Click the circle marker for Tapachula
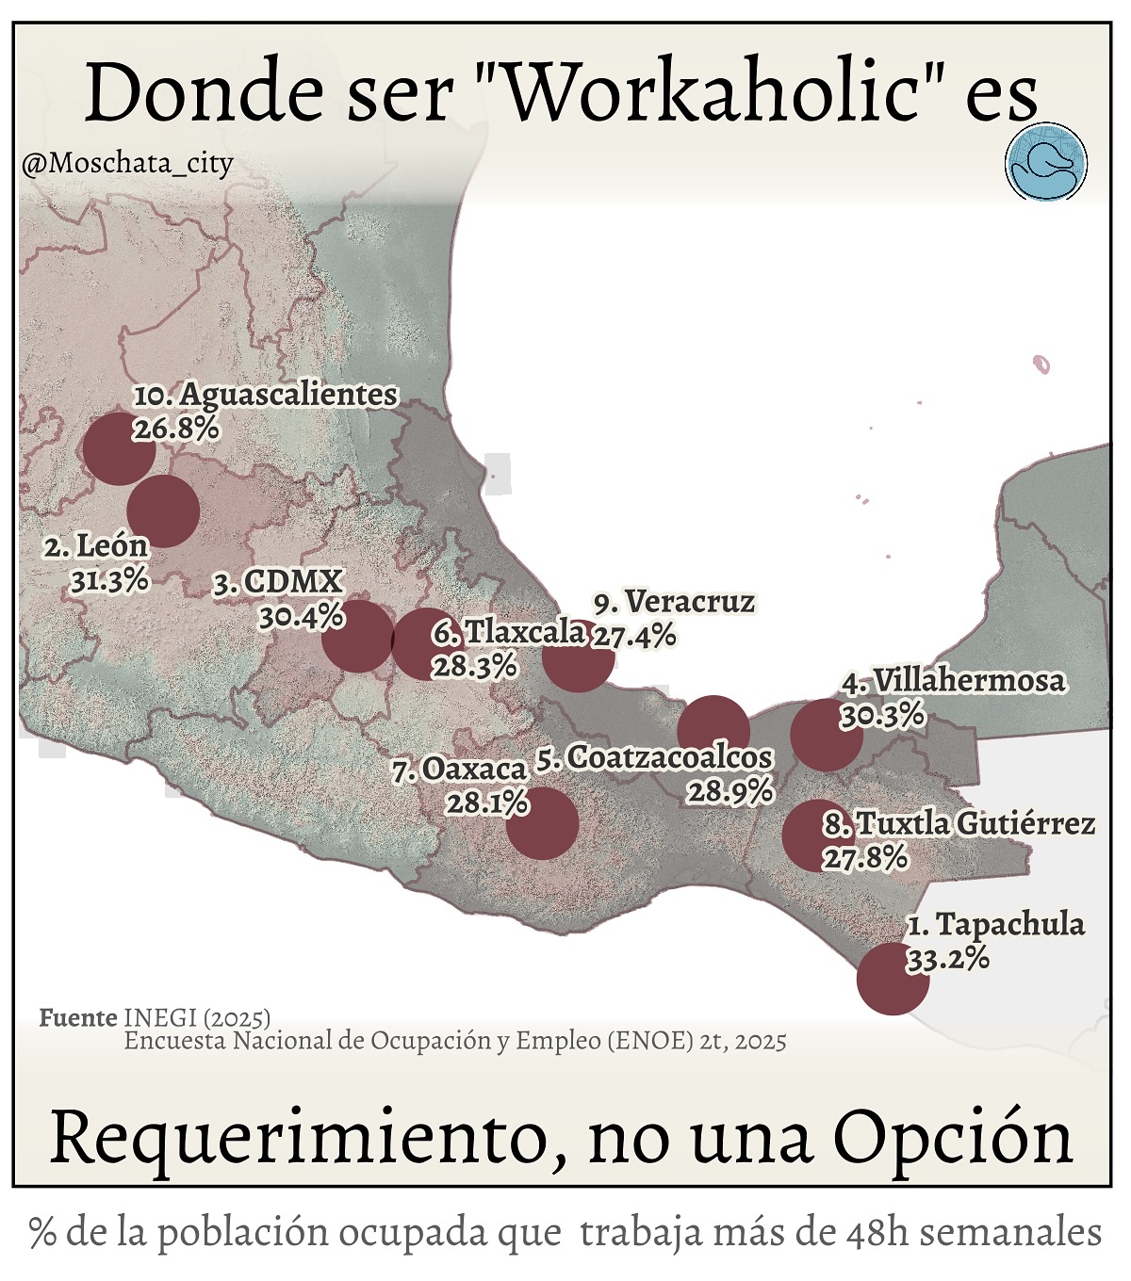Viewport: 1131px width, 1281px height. tap(893, 979)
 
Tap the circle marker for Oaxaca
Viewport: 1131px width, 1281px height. tap(542, 823)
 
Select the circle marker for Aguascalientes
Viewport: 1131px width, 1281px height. tap(119, 449)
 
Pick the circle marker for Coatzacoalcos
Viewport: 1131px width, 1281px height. tap(713, 732)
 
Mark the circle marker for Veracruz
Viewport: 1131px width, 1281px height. tap(578, 657)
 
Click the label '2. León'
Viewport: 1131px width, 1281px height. tap(96, 546)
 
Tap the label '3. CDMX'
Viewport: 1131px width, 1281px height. tap(278, 582)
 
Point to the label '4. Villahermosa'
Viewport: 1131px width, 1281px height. tap(954, 680)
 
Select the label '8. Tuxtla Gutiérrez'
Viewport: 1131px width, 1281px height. tap(959, 824)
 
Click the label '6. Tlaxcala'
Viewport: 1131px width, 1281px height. tap(509, 631)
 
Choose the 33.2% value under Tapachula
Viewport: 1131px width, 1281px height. tap(947, 959)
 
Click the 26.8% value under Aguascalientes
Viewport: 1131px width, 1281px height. tap(176, 429)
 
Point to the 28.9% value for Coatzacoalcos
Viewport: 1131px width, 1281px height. tap(729, 791)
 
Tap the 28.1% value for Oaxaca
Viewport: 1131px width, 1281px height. tap(487, 803)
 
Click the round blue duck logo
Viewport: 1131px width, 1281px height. tap(1046, 162)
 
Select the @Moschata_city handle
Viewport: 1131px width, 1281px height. tap(127, 164)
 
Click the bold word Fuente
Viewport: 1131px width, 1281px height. tap(78, 1018)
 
